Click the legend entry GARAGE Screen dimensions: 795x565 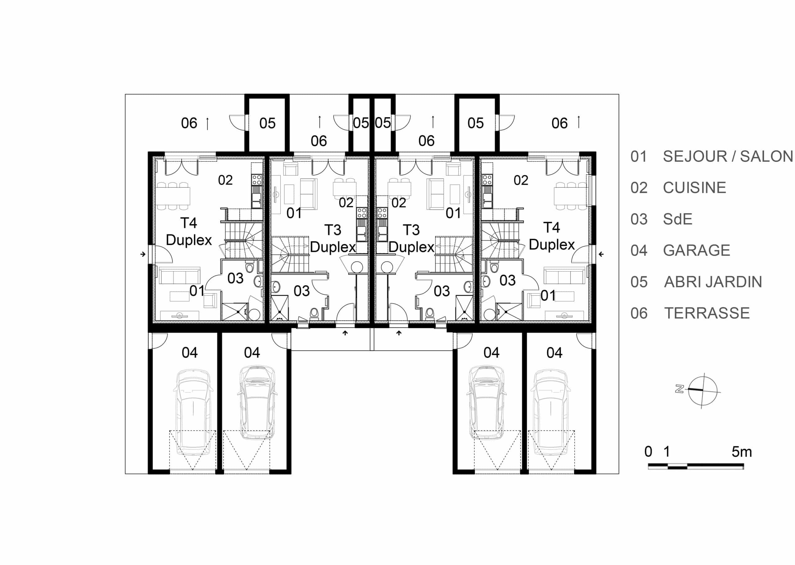[697, 250]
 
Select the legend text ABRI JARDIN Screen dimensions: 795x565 [713, 282]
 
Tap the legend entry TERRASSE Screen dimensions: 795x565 [707, 313]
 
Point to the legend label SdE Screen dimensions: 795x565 [677, 219]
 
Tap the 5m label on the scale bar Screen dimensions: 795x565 [742, 452]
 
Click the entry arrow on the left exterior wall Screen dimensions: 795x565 [143, 254]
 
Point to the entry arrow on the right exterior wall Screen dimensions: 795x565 [601, 254]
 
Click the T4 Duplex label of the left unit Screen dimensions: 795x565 [189, 231]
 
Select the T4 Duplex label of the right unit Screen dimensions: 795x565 [552, 236]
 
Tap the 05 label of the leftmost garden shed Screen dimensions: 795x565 [267, 123]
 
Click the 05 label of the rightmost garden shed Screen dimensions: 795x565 [476, 123]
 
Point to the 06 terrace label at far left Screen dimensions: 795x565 [189, 123]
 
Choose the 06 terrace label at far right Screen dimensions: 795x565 [560, 123]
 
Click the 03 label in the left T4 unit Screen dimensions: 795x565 [235, 278]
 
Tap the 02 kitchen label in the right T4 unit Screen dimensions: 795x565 [521, 180]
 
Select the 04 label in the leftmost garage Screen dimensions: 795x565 [190, 353]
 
